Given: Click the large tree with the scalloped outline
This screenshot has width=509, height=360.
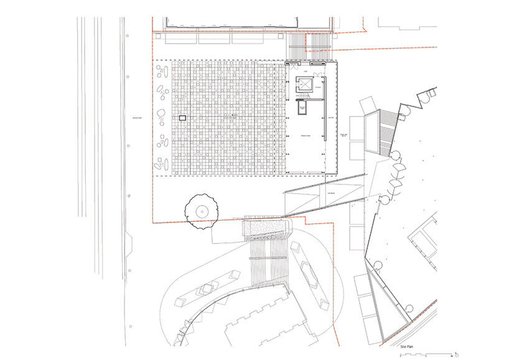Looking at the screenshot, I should tap(201, 212).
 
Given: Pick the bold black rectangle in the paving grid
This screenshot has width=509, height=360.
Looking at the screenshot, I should tap(182, 117).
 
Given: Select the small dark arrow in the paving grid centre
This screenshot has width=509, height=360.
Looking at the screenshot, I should tap(234, 115).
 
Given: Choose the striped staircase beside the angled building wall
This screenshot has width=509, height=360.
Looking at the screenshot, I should tap(387, 131).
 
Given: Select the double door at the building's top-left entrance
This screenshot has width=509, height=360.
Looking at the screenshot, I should tap(292, 64).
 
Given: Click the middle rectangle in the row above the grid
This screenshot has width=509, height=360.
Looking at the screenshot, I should tap(215, 38).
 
